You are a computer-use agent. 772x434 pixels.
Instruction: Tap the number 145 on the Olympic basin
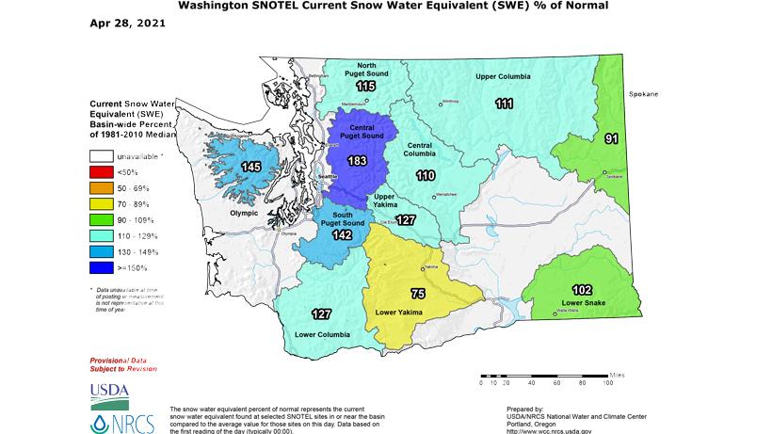250,167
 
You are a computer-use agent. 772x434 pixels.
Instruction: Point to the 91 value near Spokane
612,139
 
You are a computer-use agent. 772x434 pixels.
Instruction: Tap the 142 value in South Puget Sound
343,234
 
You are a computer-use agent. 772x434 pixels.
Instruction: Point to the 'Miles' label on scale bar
618,373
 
